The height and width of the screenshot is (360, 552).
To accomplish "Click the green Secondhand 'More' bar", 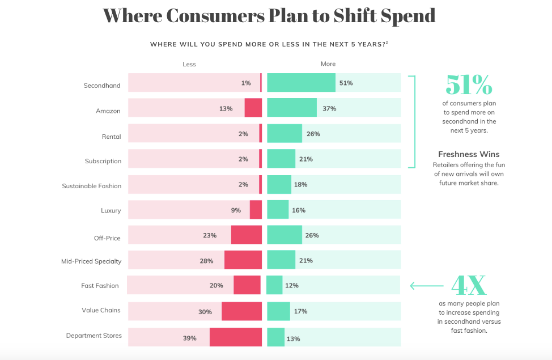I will [x=301, y=83].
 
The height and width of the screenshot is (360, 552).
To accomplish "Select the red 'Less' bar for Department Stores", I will [x=236, y=337].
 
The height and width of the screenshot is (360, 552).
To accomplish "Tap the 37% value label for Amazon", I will [x=329, y=108].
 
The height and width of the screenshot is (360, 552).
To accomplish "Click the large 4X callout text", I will [x=469, y=285].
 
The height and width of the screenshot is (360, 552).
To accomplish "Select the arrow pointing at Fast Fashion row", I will [x=426, y=286].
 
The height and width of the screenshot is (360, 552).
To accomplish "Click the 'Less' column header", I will [x=189, y=64].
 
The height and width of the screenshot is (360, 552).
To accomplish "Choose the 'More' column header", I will [x=328, y=64].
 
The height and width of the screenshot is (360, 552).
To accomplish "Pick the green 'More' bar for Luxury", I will [x=278, y=210].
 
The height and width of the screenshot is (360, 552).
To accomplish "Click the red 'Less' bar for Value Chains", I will [x=241, y=312].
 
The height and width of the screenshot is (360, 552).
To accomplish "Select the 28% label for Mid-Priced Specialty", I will [x=206, y=261].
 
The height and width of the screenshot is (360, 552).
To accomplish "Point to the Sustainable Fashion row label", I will [x=92, y=186].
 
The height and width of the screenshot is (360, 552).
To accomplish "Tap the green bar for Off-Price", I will [x=285, y=235].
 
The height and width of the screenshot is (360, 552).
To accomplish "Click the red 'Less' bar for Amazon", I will [x=253, y=108].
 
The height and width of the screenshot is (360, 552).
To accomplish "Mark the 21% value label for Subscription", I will [x=306, y=159].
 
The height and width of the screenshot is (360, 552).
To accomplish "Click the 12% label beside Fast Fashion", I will [x=292, y=286].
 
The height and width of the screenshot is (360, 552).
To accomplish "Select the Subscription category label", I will [x=103, y=161].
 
